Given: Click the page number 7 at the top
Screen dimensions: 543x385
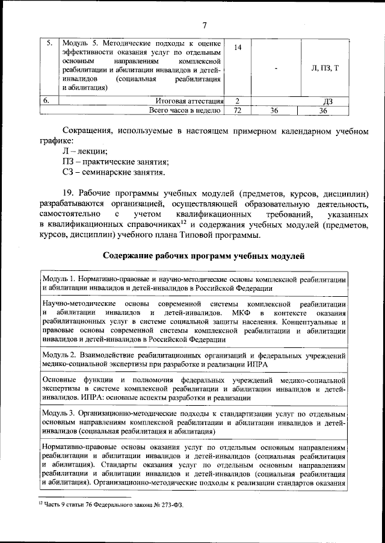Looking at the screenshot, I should coord(204,25).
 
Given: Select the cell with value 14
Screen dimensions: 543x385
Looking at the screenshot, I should coord(238,48).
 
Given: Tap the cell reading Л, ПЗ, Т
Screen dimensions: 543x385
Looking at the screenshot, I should coord(325,67).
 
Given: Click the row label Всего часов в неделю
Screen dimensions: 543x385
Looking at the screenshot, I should coord(186,111).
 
